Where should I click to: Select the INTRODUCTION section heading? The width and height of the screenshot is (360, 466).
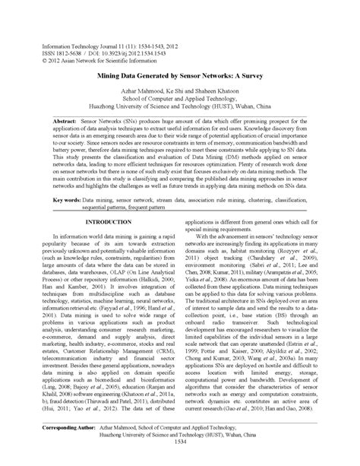pyautogui.click(x=108, y=221)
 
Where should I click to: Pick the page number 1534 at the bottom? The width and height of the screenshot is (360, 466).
pyautogui.click(x=179, y=462)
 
